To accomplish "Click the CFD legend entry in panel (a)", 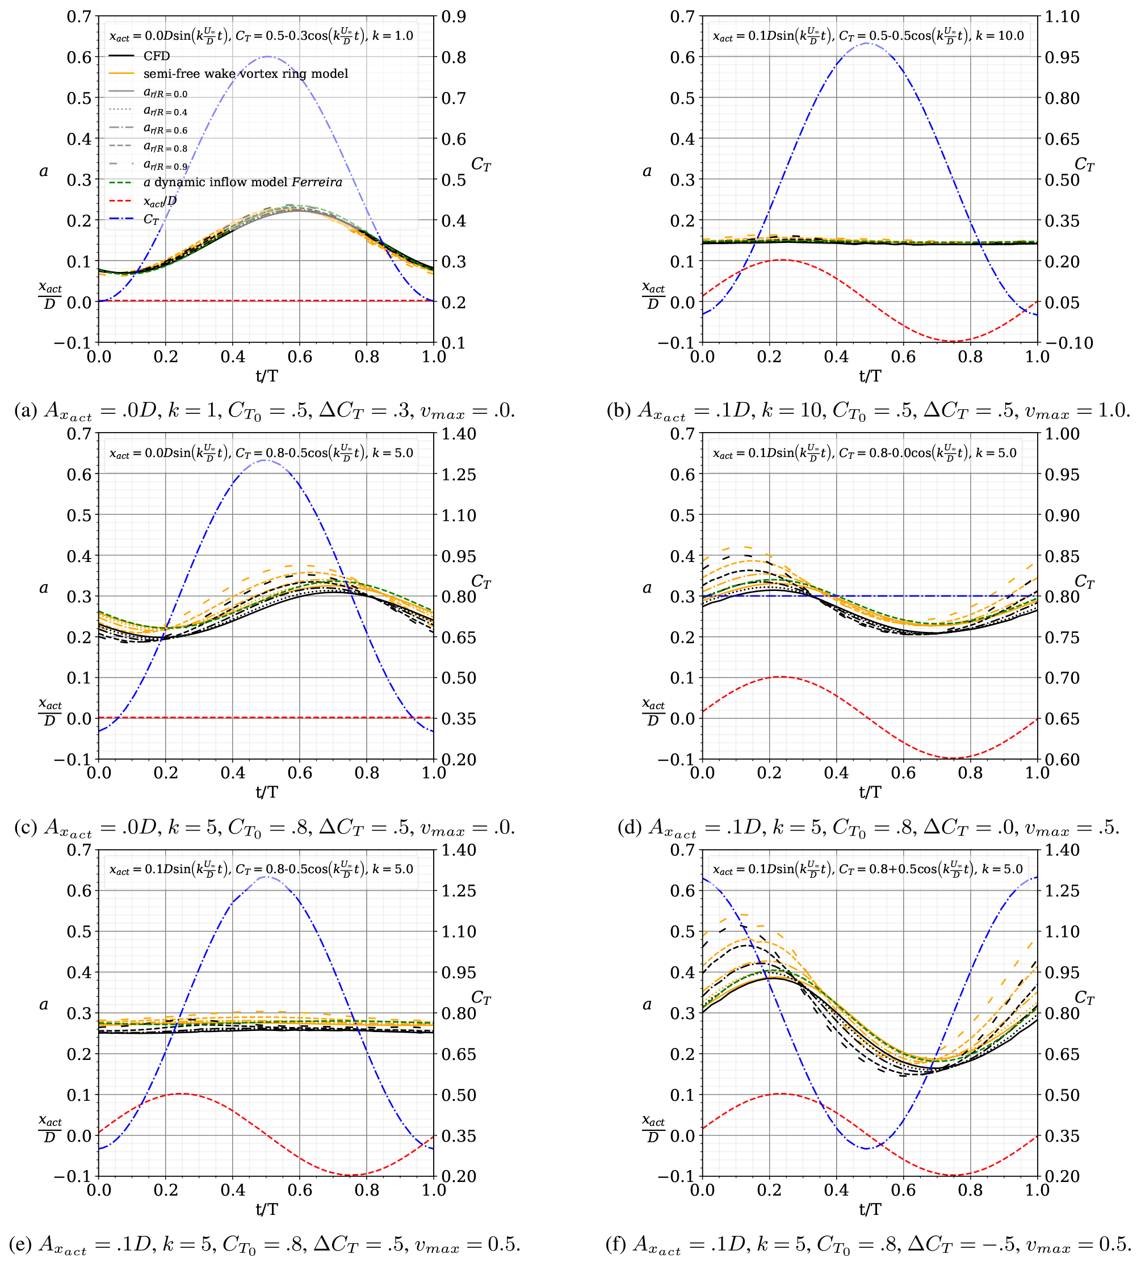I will point(156,56).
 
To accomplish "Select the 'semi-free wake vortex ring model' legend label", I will point(245,73).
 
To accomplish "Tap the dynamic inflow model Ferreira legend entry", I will point(242,182).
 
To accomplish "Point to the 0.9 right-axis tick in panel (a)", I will point(453,16).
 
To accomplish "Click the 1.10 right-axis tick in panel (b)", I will point(1062,16).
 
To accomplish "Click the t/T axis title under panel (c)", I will point(266,791).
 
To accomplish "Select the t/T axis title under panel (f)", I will point(870,1208).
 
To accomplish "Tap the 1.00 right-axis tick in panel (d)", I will point(1062,434).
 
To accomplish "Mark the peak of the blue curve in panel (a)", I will point(268,56).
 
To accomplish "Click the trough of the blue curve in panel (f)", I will point(867,1148).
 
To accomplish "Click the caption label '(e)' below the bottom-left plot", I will point(20,1244).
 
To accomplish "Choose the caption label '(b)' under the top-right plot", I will point(618,410).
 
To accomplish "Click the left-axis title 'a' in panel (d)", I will point(647,588).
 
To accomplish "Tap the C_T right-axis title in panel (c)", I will point(481,581).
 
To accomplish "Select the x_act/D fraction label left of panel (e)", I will point(49,1129).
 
